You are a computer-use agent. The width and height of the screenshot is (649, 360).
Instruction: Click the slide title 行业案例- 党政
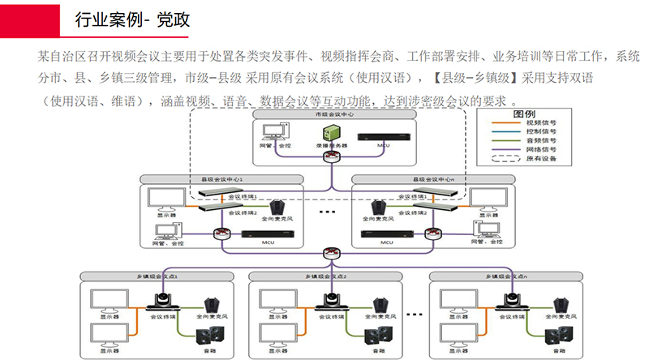(132, 19)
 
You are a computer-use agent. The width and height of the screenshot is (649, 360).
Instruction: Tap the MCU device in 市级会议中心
(385, 137)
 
